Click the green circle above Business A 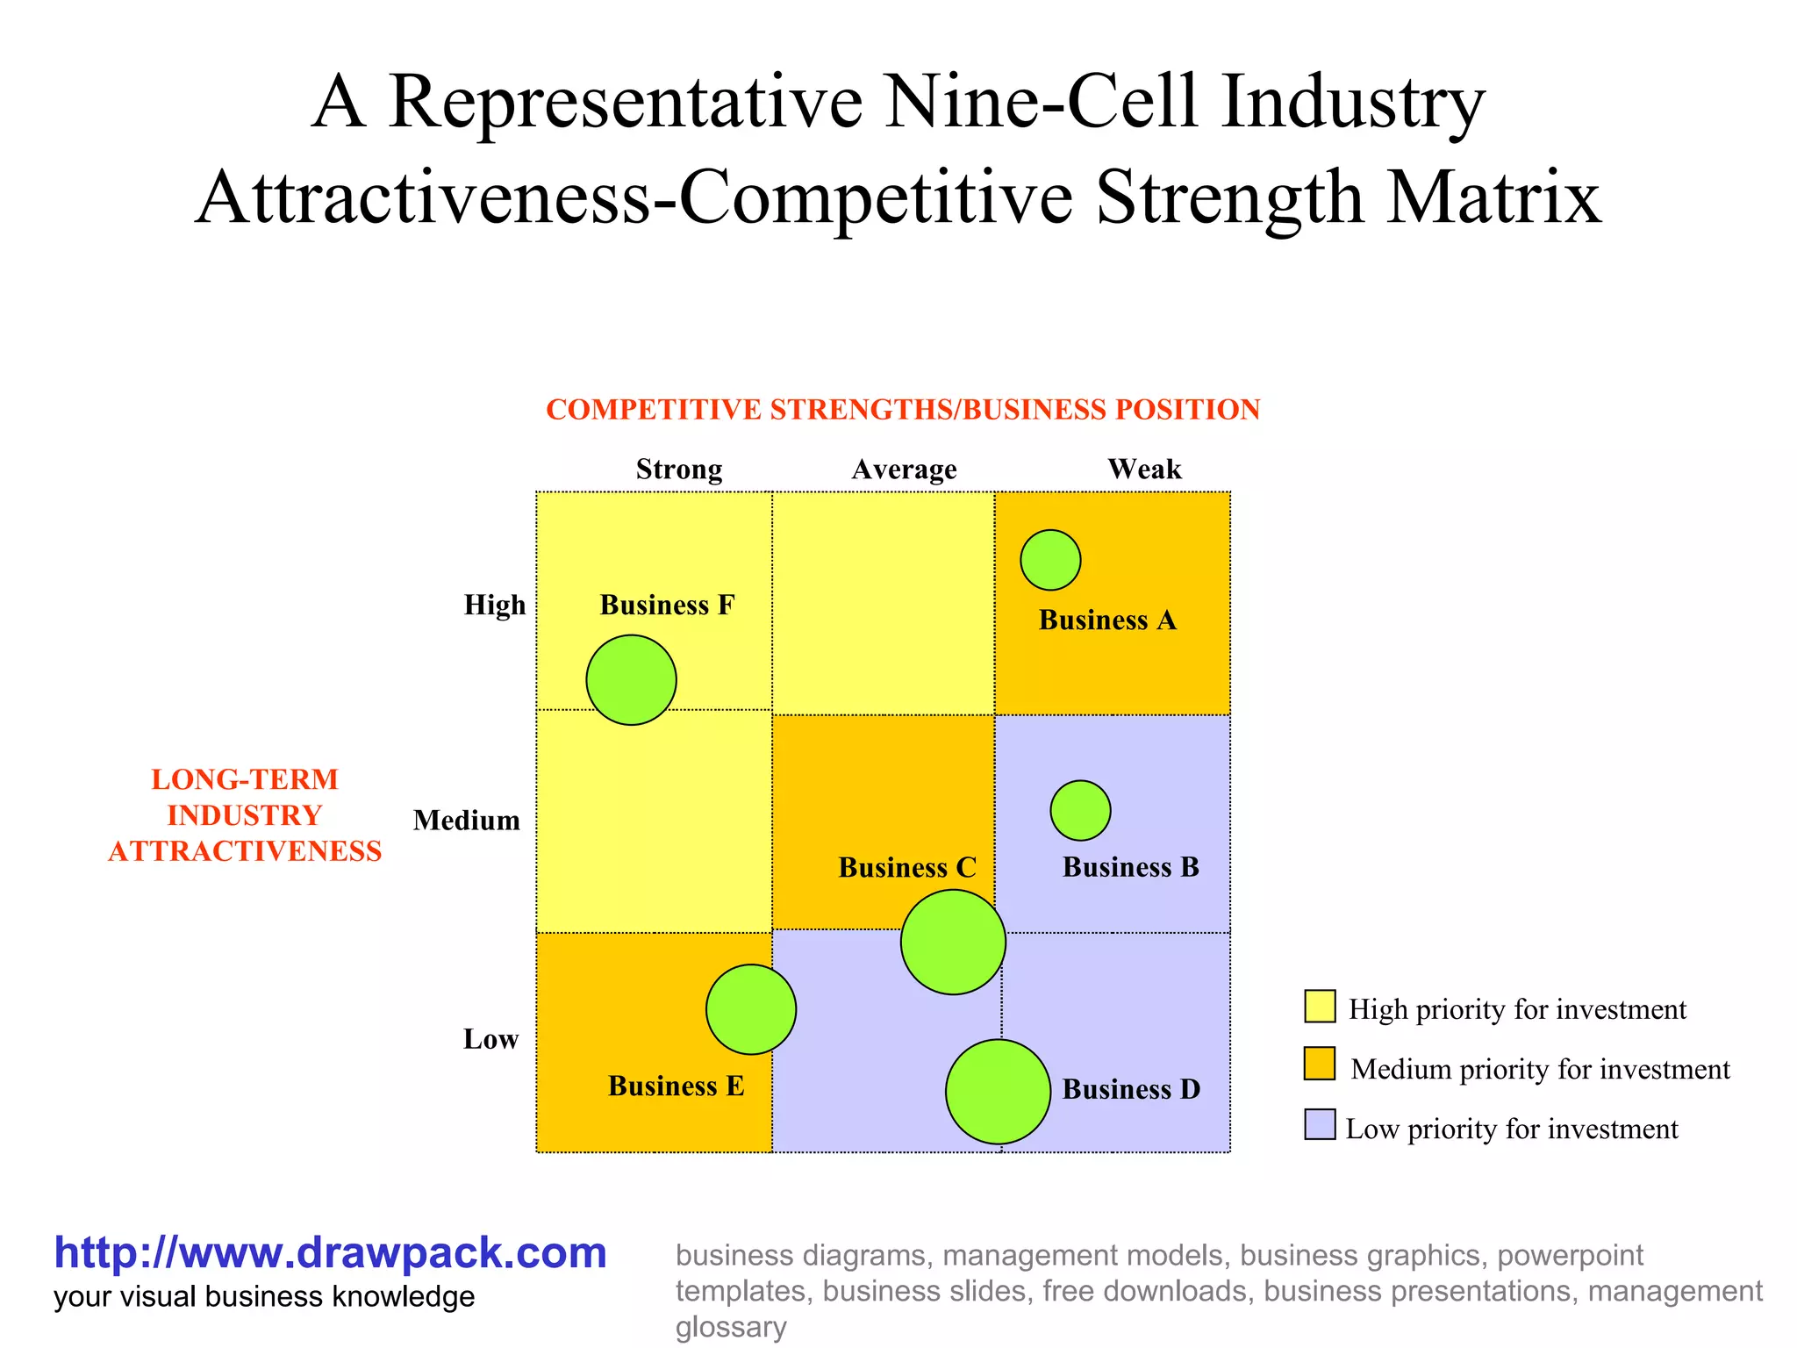(x=1050, y=560)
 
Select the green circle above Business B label (x=1080, y=810)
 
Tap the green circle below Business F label (x=631, y=680)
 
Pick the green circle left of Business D (x=998, y=1092)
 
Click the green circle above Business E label (x=751, y=1009)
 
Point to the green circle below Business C (x=953, y=942)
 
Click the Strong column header (x=679, y=470)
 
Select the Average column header (x=904, y=470)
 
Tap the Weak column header (x=1144, y=469)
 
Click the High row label (x=495, y=605)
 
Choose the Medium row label (x=467, y=821)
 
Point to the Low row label (x=490, y=1039)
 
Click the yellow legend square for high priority (x=1320, y=1007)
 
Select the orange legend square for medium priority (x=1320, y=1064)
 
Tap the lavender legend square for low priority (x=1320, y=1124)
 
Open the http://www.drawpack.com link (x=330, y=1252)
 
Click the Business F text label (x=667, y=606)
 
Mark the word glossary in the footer (x=730, y=1327)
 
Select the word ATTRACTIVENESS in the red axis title (x=245, y=851)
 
